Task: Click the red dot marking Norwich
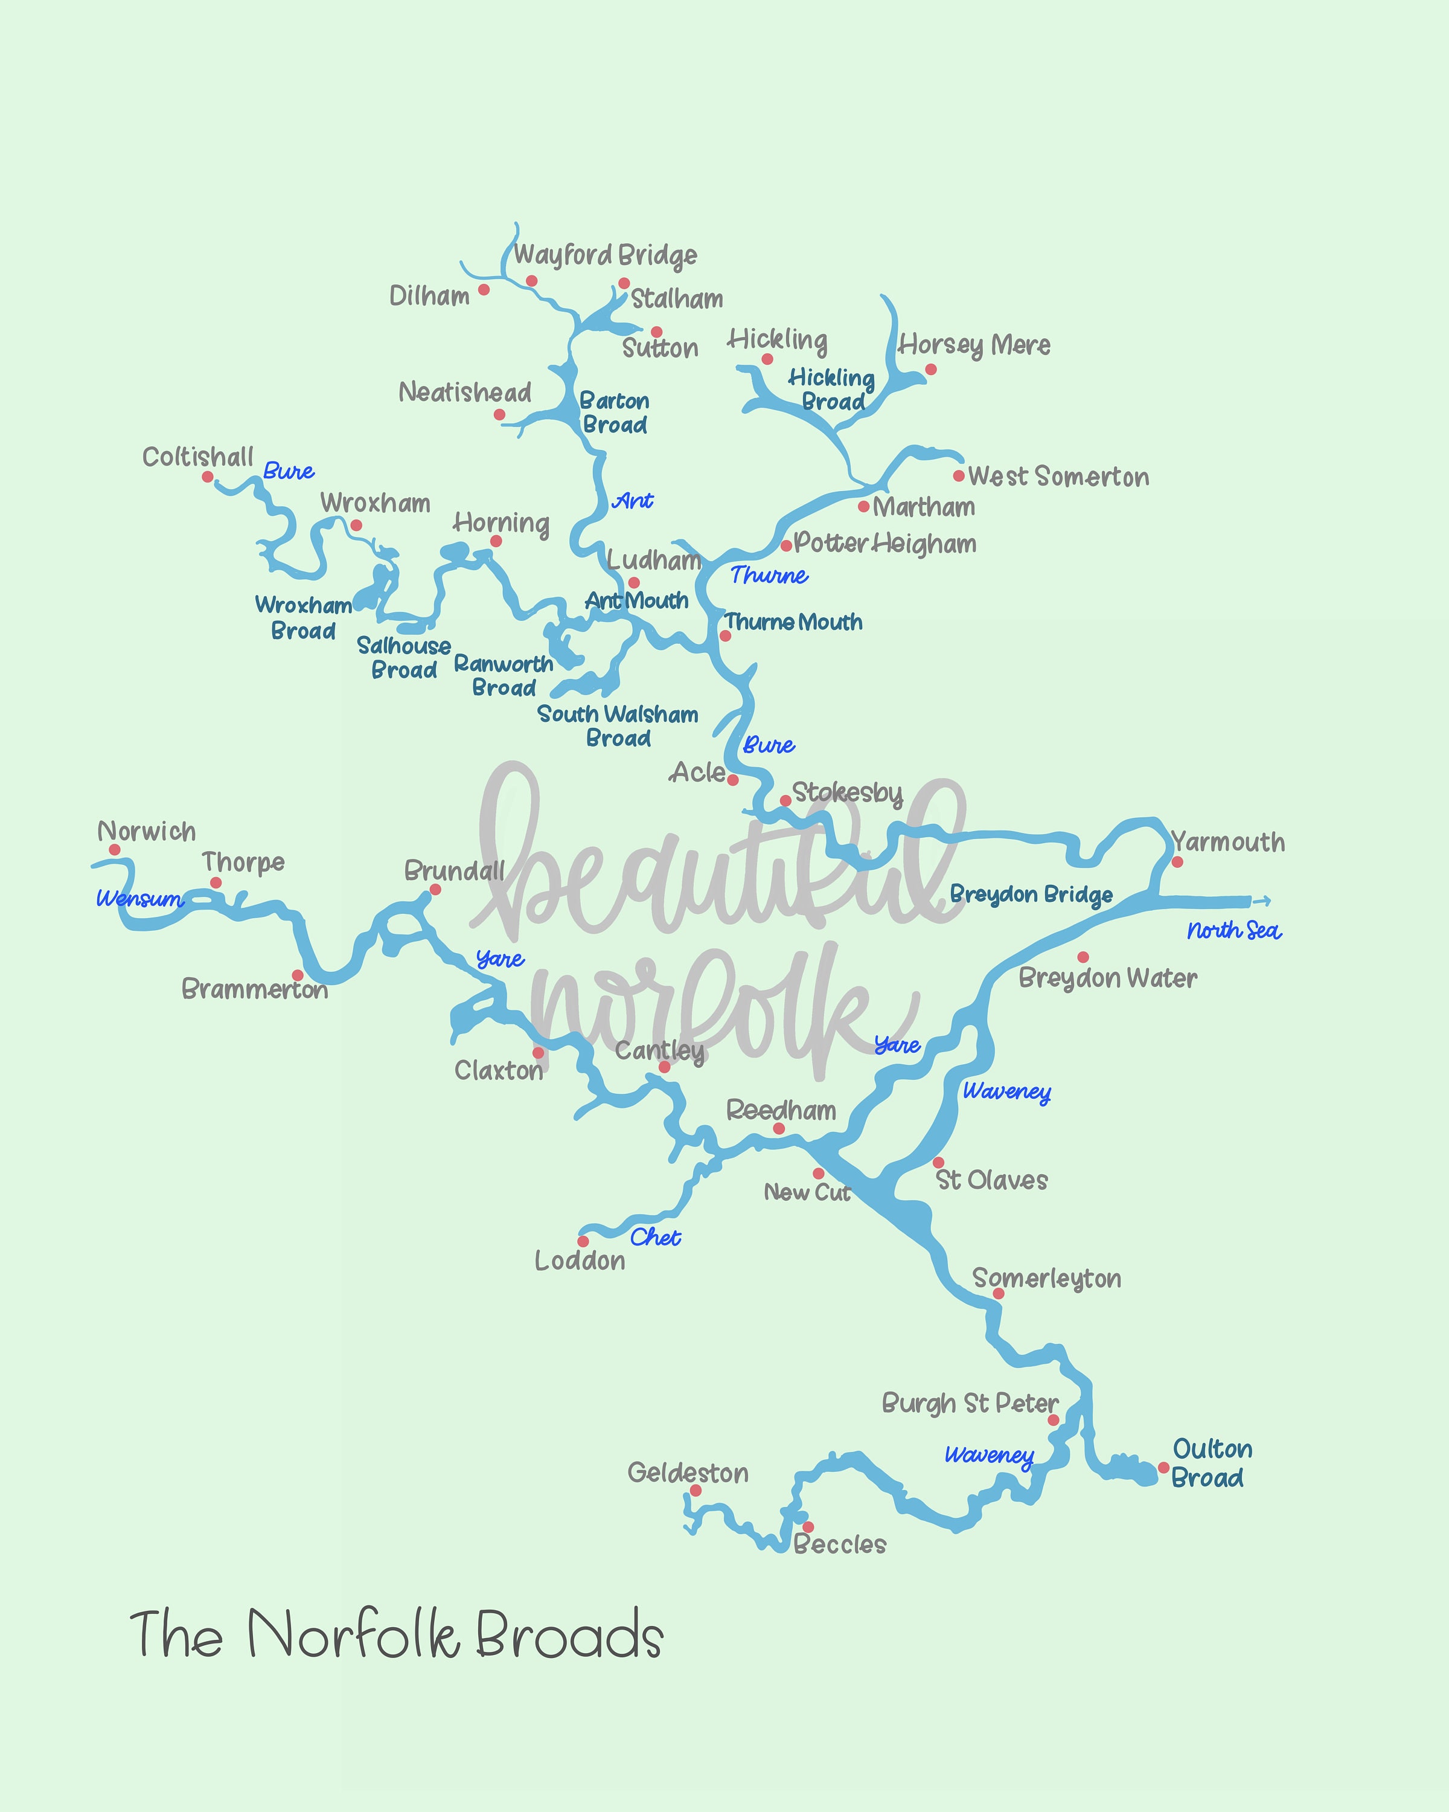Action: [x=114, y=850]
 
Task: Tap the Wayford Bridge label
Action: [x=605, y=255]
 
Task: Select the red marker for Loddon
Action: [x=583, y=1241]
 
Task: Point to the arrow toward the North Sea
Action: [x=1262, y=901]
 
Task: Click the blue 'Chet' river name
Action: [x=655, y=1237]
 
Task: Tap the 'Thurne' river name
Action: [x=769, y=576]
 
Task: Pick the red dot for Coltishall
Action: [x=208, y=477]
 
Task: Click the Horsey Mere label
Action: [x=974, y=345]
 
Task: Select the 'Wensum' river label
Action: [x=139, y=898]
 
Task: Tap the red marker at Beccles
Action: [x=807, y=1527]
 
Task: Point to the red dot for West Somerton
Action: [x=958, y=476]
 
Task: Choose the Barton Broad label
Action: [x=615, y=413]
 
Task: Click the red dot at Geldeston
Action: [x=696, y=1491]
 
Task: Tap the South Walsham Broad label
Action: [x=618, y=726]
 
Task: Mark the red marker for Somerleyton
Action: [x=998, y=1293]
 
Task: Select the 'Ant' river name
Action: [x=633, y=501]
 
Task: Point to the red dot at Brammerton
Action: [x=298, y=975]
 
